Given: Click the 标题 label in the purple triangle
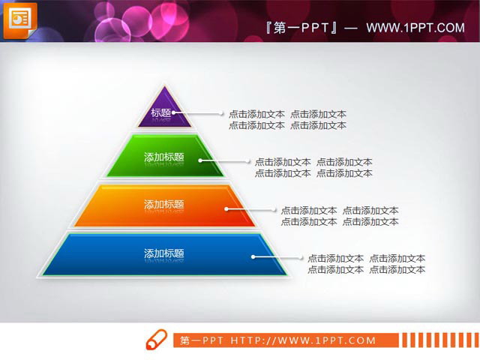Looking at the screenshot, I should (x=161, y=114).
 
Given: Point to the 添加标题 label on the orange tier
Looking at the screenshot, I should (x=163, y=204).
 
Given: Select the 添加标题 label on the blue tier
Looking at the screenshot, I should (x=163, y=253).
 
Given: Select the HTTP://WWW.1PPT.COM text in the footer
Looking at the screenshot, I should (x=302, y=340).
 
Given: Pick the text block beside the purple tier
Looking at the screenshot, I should (x=287, y=120).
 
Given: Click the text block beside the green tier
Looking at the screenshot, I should (x=313, y=167).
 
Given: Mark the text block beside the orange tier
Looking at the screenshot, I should (x=340, y=216).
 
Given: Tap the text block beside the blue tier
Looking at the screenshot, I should (x=366, y=264).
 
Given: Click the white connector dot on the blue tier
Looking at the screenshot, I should (x=253, y=257).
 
